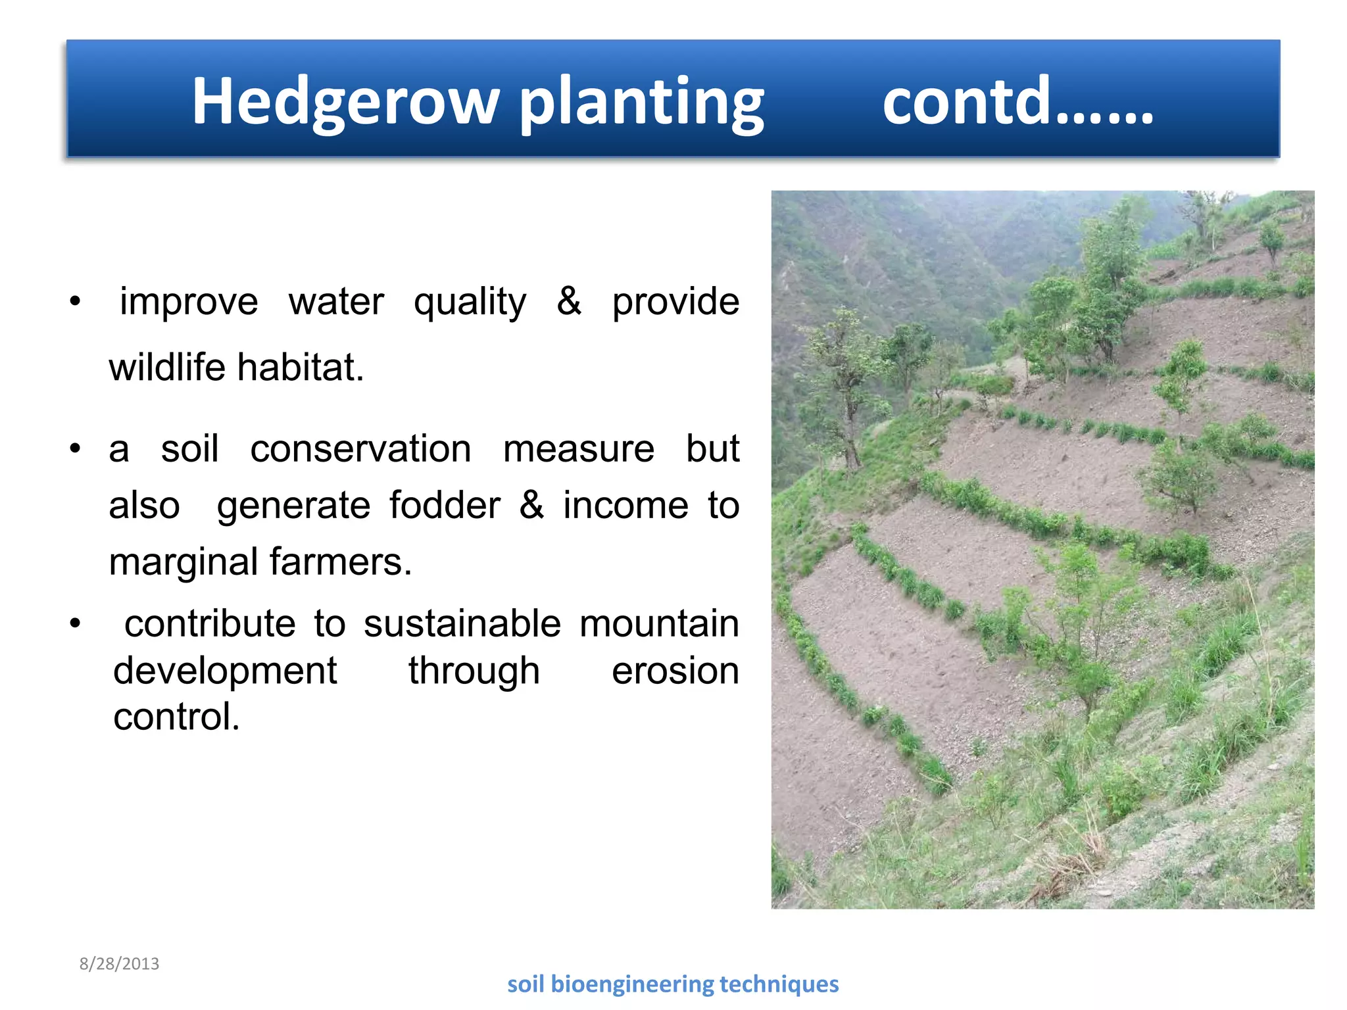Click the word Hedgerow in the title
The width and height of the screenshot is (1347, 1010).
tap(345, 102)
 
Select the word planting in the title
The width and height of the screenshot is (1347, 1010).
tap(642, 102)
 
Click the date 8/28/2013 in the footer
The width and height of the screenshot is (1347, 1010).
tap(119, 964)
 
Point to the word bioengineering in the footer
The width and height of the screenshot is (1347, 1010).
tap(632, 984)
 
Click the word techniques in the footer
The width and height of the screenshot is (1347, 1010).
tap(779, 984)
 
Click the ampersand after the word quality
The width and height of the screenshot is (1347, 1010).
tap(569, 302)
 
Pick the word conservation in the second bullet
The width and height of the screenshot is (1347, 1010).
tap(360, 449)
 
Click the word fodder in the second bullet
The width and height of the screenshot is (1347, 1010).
tap(445, 506)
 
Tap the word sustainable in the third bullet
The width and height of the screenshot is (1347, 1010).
tap(462, 623)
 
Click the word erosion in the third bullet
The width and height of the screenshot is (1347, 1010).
tap(675, 671)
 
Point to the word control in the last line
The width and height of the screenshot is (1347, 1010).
tap(176, 717)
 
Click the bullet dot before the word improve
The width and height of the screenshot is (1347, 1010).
tap(76, 302)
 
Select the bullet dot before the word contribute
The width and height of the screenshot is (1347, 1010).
tap(76, 623)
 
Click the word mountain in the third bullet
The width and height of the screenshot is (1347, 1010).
tap(659, 623)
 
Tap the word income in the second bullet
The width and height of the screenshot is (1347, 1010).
tap(625, 506)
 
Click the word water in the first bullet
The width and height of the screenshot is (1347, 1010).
tap(336, 302)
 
